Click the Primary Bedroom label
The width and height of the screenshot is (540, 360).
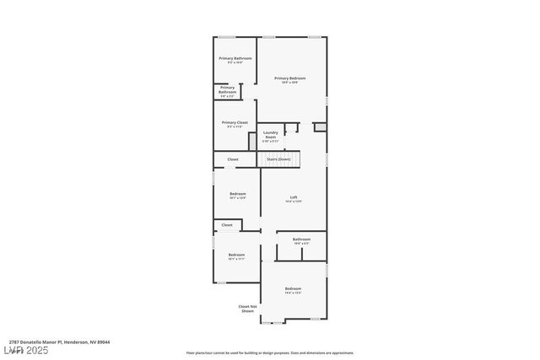tap(289, 78)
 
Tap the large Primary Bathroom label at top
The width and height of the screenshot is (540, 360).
tap(235, 59)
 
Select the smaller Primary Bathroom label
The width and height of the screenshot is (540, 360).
tap(227, 90)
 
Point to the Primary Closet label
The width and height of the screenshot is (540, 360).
tap(235, 124)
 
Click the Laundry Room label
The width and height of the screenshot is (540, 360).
tap(270, 135)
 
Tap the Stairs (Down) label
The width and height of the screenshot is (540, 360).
tap(278, 159)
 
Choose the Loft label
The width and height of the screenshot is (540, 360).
tap(293, 199)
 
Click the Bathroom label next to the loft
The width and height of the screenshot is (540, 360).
tap(301, 241)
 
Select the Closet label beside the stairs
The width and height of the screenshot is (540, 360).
tap(232, 159)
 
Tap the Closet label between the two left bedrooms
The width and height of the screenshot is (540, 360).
tap(227, 225)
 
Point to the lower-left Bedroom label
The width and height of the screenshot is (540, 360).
tap(236, 256)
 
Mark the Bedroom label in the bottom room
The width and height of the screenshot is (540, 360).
tap(293, 290)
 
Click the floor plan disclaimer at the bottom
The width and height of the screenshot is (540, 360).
tap(269, 353)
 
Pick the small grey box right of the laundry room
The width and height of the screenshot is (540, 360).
tap(319, 126)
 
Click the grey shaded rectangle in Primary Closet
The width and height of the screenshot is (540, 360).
tap(252, 141)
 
